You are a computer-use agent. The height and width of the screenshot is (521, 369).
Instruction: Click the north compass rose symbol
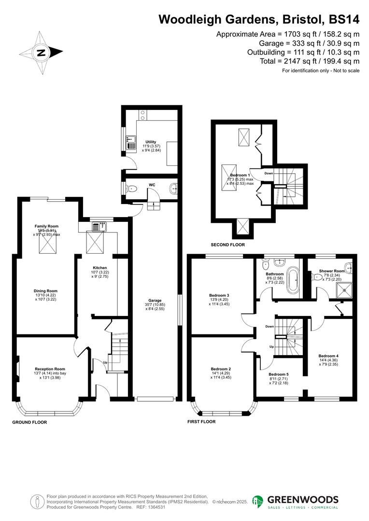41,53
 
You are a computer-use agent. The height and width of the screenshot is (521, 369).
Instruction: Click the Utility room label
151,142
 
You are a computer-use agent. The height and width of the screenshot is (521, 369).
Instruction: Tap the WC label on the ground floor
152,185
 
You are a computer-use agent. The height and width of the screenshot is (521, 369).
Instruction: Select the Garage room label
155,300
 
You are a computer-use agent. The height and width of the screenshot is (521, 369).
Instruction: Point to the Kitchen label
100,268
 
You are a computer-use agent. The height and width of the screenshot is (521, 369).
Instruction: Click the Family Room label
46,226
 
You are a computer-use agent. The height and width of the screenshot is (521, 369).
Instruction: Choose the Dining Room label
45,291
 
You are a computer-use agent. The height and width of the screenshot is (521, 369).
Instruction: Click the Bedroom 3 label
219,295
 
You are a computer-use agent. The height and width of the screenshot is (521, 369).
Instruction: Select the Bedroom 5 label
278,374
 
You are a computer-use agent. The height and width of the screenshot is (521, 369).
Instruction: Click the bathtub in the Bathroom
293,282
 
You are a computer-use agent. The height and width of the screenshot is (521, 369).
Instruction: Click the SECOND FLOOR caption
227,245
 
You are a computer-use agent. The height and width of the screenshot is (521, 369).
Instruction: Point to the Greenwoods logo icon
258,502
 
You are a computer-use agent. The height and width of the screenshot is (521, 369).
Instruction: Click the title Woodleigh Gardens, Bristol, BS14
259,19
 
